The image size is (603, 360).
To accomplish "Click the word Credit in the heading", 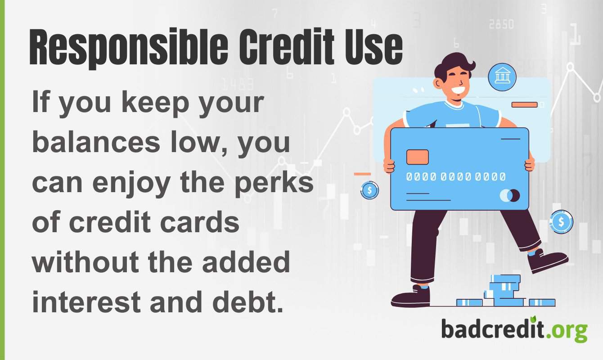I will point(274,47).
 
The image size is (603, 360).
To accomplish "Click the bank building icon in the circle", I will point(502,76).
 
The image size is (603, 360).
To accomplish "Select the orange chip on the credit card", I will point(417,157).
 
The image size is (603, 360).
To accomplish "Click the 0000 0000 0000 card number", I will point(455,177).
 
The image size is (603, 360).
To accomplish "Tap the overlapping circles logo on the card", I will point(510,195).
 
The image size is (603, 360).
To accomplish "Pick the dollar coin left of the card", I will point(369,190).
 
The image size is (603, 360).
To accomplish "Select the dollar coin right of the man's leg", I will point(561,221).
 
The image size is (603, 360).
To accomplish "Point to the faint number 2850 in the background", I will point(501,24).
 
